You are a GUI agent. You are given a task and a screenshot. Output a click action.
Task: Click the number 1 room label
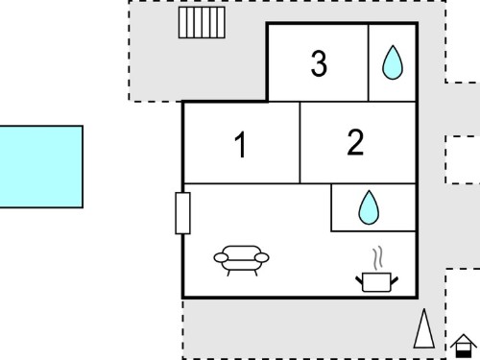[x=240, y=145]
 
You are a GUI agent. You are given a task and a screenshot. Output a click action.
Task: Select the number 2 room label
[x=355, y=142]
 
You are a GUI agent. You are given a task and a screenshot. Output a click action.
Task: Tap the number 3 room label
[x=319, y=63]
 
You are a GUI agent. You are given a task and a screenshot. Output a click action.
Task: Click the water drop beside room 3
[x=393, y=62]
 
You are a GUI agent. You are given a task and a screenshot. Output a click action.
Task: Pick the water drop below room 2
[x=369, y=207]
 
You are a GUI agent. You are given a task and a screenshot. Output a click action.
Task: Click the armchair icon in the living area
[x=241, y=260]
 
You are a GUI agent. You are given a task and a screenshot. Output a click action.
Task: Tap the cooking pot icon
[x=376, y=282]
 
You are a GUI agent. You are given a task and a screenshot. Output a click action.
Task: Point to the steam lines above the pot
[x=377, y=258]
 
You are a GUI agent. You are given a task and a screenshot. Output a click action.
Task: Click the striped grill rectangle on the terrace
[x=202, y=23]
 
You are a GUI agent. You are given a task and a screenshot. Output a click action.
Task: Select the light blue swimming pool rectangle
[x=41, y=167]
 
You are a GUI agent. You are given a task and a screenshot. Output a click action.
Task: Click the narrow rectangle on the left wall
[x=182, y=213]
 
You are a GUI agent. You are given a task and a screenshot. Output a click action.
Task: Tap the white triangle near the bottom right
[x=424, y=329]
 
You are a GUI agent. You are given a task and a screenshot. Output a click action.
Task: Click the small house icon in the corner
[x=464, y=346]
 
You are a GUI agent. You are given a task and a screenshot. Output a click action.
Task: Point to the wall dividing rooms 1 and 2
[x=300, y=143]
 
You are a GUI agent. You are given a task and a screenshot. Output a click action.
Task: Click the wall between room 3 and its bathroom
[x=369, y=62]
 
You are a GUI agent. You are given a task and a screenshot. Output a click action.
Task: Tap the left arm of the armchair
[x=221, y=257]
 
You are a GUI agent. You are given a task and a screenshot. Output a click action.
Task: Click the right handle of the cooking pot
[x=395, y=280]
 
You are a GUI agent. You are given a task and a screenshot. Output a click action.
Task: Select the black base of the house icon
[x=464, y=354]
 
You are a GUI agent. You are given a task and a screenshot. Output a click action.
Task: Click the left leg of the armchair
[x=228, y=273]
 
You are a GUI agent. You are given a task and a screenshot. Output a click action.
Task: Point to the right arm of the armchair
[x=262, y=257]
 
